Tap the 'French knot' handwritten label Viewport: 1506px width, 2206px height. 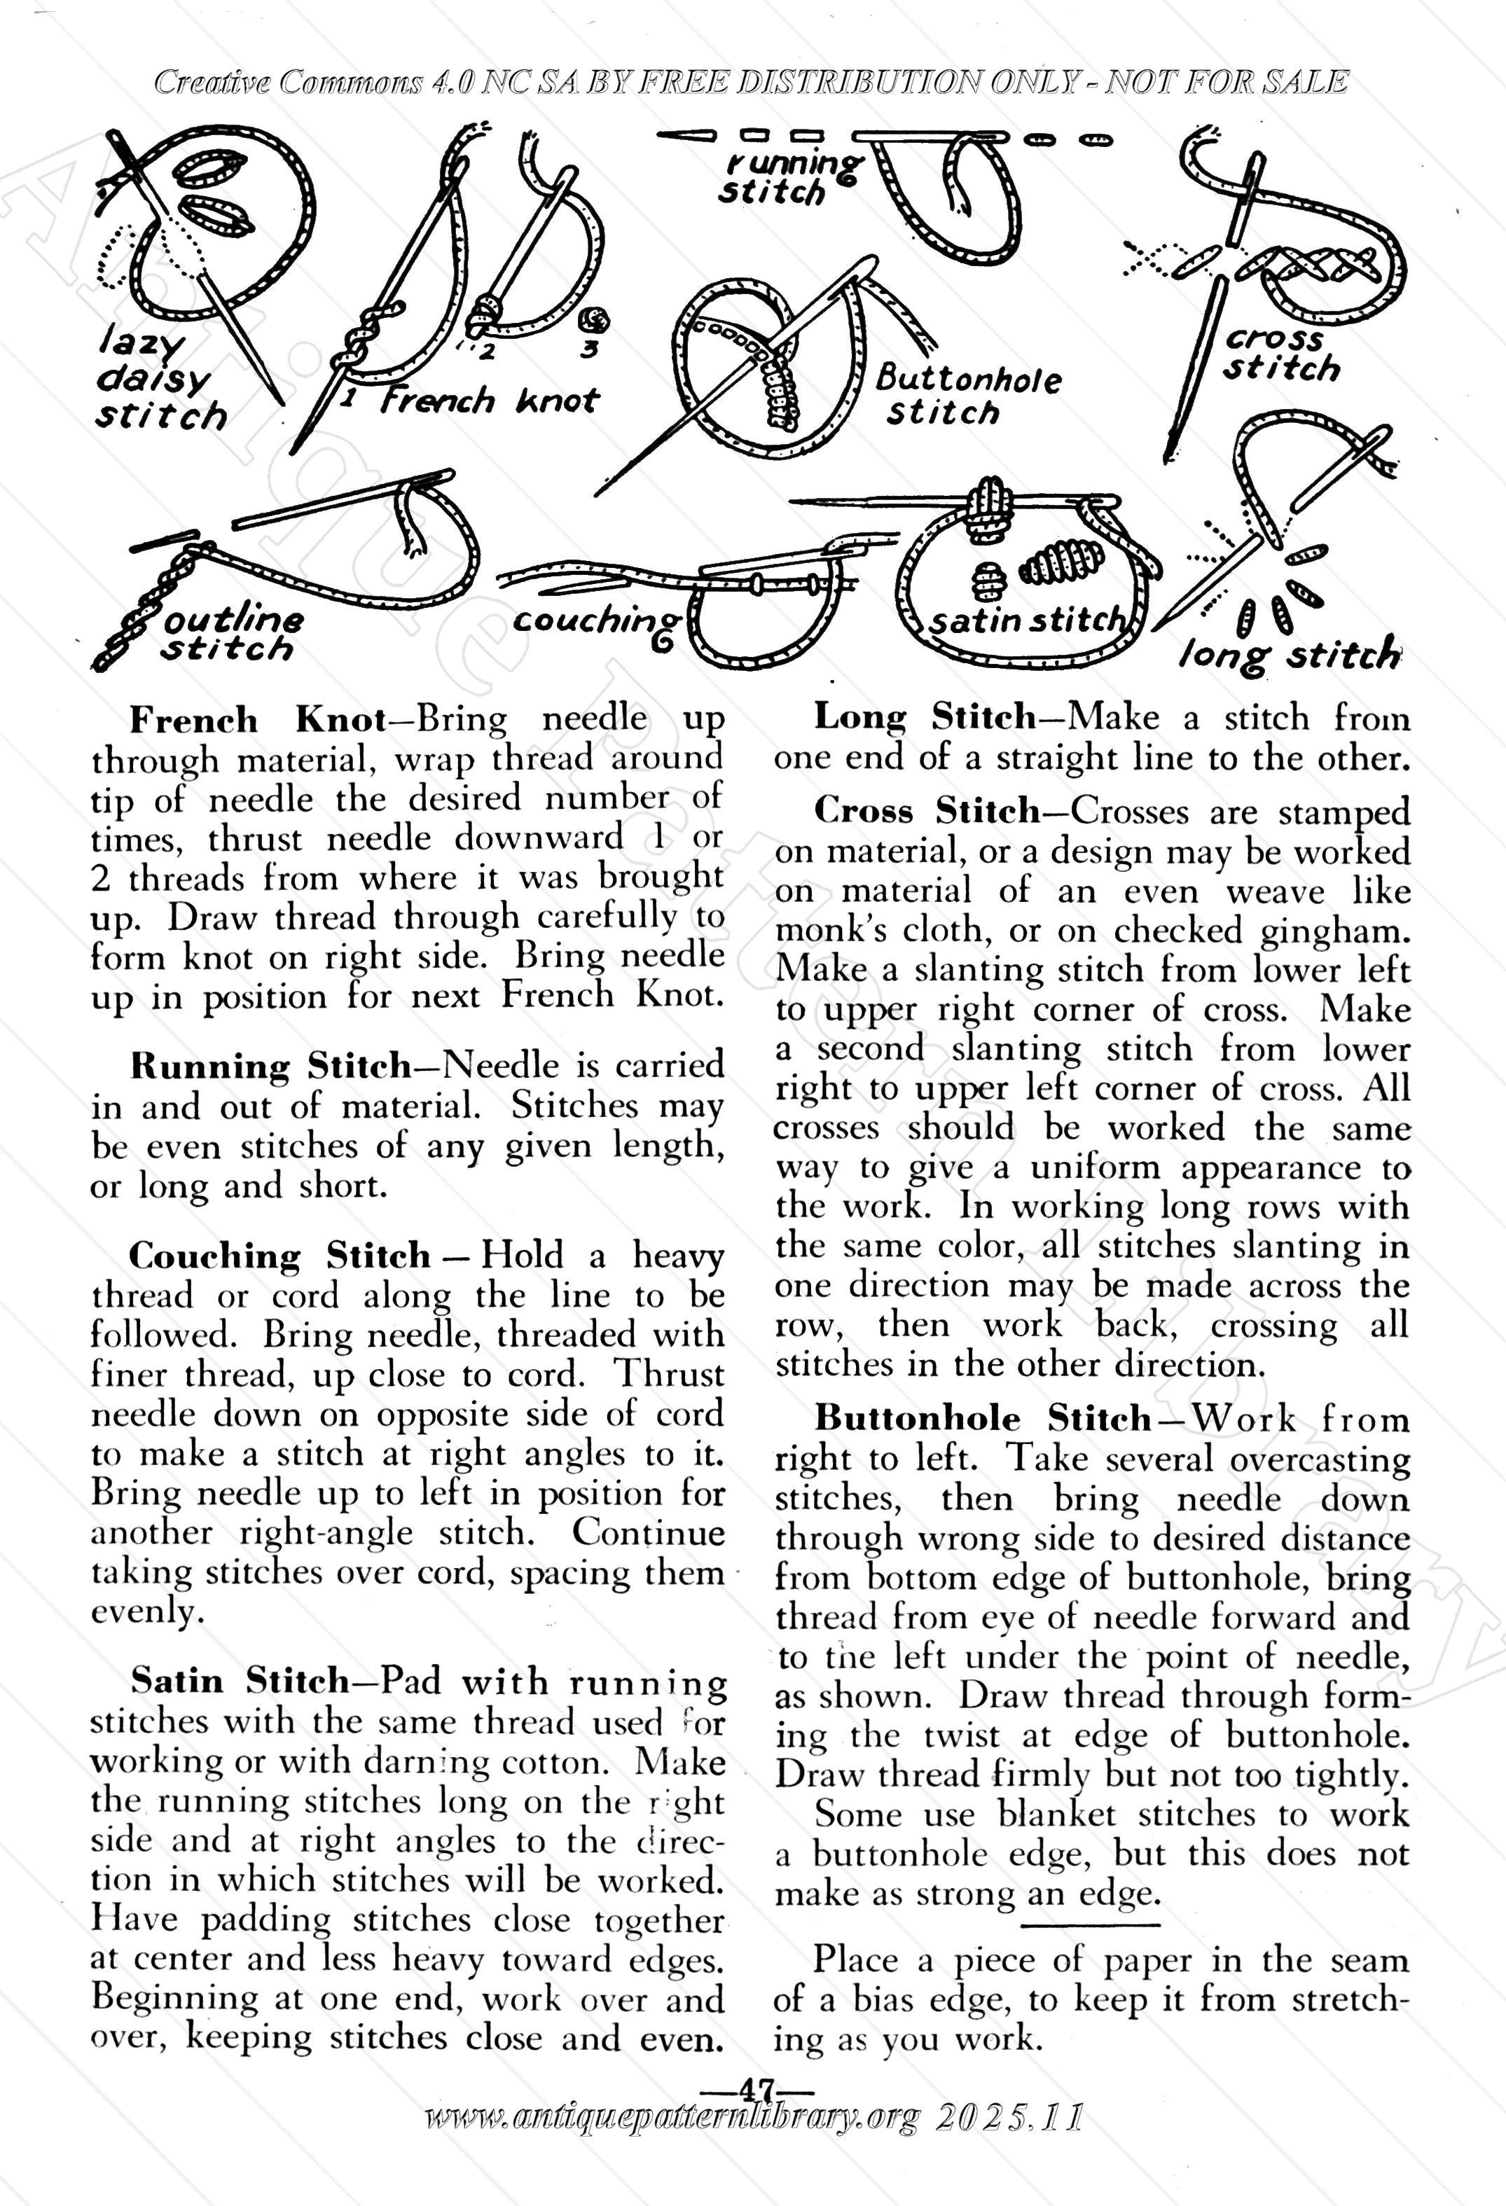point(489,401)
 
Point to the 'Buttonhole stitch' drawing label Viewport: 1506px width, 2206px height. point(967,395)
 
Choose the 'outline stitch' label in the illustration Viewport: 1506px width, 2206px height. point(233,634)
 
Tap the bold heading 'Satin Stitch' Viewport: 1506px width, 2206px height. point(240,1681)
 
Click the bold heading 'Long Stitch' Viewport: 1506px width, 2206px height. point(925,718)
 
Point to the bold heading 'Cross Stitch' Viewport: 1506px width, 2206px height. point(927,812)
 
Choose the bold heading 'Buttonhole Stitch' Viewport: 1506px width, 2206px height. point(983,1419)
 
